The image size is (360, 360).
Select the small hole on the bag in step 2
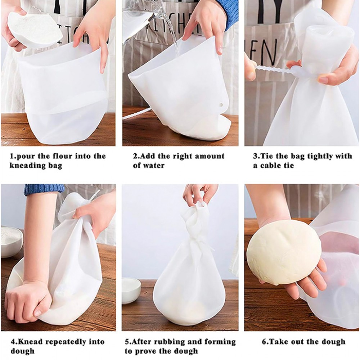(221, 105)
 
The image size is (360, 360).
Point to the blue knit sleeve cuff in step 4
(44, 190)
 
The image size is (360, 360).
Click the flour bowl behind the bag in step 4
(11, 241)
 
